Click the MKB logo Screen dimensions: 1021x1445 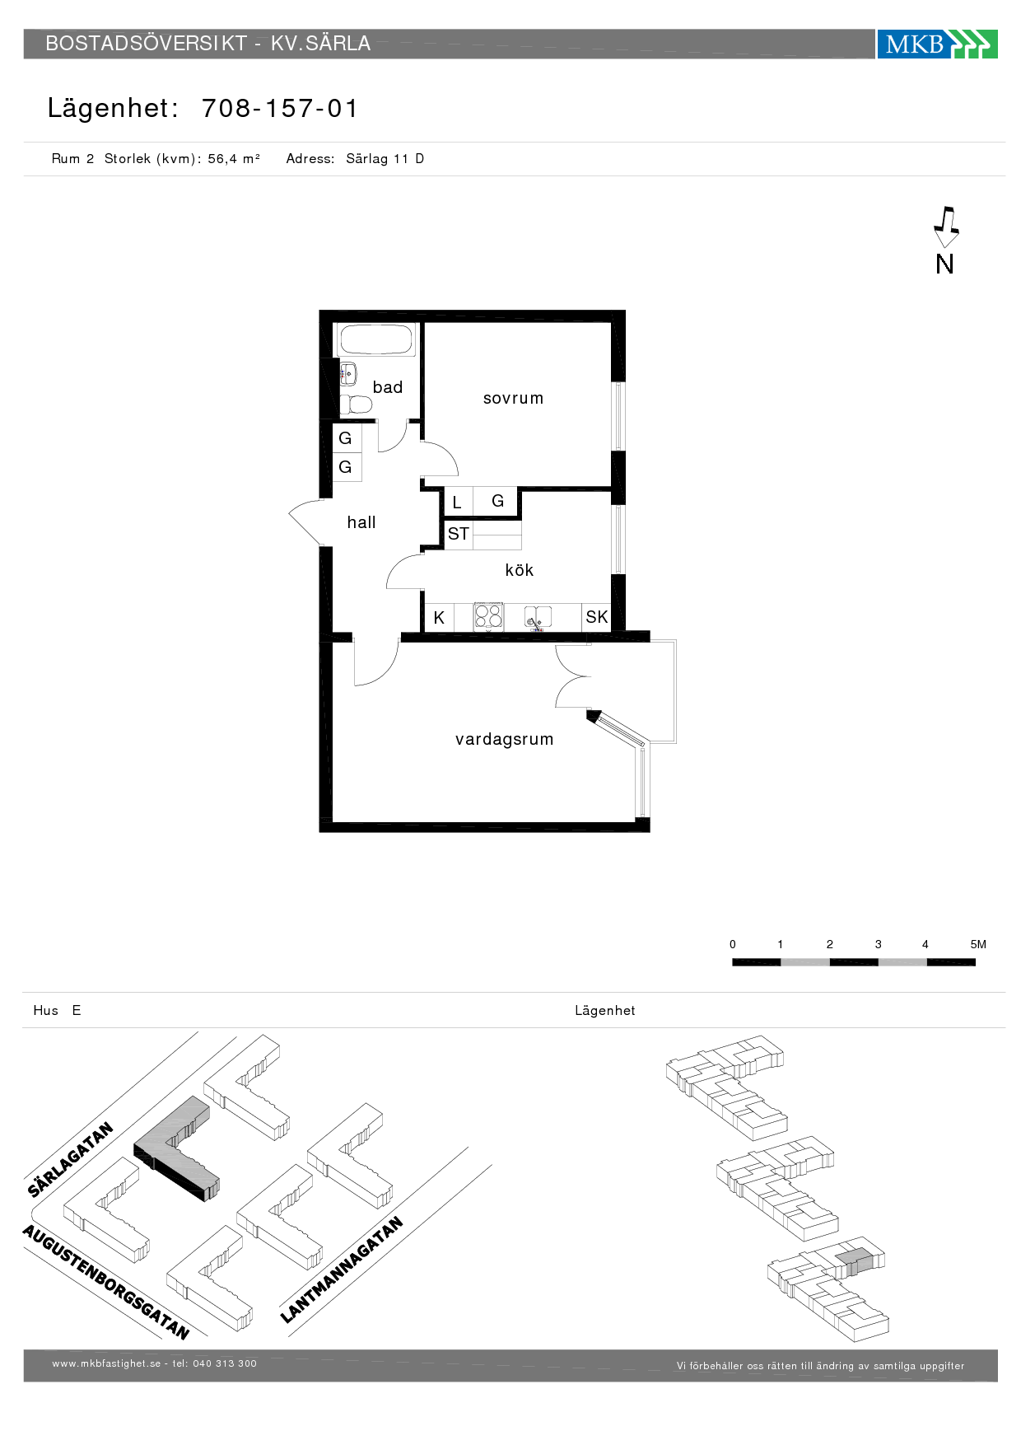click(x=937, y=44)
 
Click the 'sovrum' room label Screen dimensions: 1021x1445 click(x=513, y=399)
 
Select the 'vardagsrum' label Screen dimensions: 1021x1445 click(x=504, y=740)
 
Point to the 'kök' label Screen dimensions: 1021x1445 click(x=520, y=570)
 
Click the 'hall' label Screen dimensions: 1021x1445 click(x=361, y=522)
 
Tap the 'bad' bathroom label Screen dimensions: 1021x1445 click(x=388, y=387)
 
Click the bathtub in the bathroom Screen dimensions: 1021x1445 click(x=376, y=340)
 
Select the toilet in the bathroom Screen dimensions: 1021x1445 click(x=356, y=405)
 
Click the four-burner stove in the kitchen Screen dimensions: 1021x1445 click(x=488, y=617)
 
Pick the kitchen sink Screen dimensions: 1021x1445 click(x=538, y=617)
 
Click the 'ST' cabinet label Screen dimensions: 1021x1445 click(x=459, y=534)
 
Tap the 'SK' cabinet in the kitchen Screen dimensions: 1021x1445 click(x=597, y=617)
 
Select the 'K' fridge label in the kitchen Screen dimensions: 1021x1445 click(x=439, y=618)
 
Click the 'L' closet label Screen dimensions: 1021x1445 click(x=457, y=503)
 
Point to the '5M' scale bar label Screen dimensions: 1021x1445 click(x=978, y=945)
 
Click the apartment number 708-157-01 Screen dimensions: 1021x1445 click(x=280, y=109)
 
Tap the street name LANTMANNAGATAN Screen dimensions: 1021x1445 click(x=342, y=1270)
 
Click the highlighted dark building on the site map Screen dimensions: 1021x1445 click(x=176, y=1148)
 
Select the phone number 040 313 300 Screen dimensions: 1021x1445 click(x=225, y=1363)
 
